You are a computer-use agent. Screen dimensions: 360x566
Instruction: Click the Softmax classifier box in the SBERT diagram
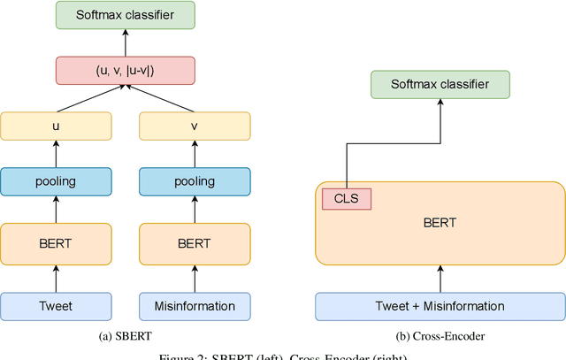[x=125, y=14]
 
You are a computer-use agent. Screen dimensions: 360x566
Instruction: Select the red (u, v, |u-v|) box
[x=125, y=70]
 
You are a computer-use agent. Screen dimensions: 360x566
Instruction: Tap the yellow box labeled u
[x=56, y=126]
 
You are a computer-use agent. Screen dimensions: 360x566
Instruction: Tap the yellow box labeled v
[x=195, y=126]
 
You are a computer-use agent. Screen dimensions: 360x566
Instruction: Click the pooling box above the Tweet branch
[x=56, y=181]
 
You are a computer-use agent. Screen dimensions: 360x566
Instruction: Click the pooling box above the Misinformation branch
[x=195, y=181]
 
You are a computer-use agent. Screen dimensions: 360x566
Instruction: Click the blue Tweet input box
[x=56, y=306]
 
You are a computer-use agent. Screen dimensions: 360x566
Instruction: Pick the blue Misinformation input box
[x=195, y=306]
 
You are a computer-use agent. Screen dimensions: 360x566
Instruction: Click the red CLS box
[x=347, y=199]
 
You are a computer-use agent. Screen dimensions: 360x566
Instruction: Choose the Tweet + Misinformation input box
[x=440, y=306]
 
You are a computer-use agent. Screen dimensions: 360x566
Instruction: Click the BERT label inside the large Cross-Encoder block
[x=440, y=223]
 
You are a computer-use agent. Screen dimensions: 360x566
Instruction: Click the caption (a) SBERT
[x=125, y=335]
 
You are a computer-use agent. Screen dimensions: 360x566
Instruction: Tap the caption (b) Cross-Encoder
[x=440, y=335]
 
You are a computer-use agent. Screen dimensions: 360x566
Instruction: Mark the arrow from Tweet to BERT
[x=56, y=279]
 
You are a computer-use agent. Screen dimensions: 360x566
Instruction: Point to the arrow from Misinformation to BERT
[x=195, y=279]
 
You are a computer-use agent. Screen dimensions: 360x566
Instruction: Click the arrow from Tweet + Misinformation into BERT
[x=440, y=279]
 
